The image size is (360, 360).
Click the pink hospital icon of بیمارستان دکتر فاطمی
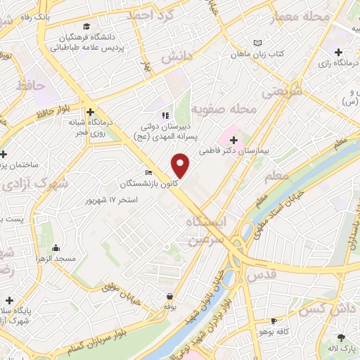233,139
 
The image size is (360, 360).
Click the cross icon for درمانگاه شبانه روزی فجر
90,110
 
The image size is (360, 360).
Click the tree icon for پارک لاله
341,337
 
